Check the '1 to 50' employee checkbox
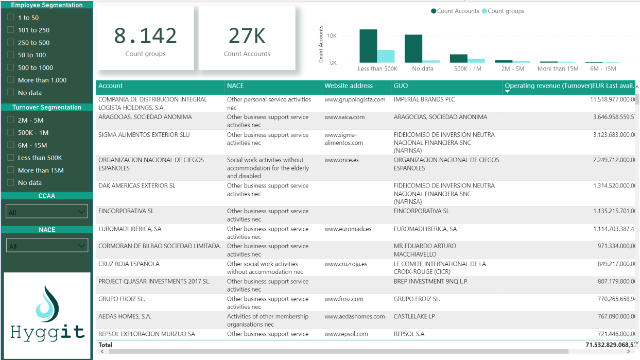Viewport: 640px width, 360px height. click(11, 18)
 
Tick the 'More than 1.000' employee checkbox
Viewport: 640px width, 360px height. click(11, 80)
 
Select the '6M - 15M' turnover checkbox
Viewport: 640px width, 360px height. click(11, 145)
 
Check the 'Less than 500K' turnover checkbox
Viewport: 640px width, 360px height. click(11, 158)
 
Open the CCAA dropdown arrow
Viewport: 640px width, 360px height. click(81, 212)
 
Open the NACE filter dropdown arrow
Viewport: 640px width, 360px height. click(81, 246)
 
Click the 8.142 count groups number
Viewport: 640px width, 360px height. click(145, 36)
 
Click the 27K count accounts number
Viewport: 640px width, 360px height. click(247, 36)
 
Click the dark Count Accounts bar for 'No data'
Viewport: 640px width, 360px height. click(413, 48)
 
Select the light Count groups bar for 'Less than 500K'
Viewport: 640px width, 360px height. click(386, 56)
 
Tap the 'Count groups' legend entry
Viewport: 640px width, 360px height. click(505, 11)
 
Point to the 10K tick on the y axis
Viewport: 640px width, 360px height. click(332, 36)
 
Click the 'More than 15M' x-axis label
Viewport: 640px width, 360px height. click(558, 68)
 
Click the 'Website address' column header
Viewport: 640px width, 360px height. click(349, 86)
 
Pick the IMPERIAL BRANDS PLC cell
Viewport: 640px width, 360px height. click(424, 99)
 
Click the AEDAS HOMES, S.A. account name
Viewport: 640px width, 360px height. click(125, 317)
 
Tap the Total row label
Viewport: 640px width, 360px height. click(106, 345)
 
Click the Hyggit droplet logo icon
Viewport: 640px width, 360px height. click(47, 305)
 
